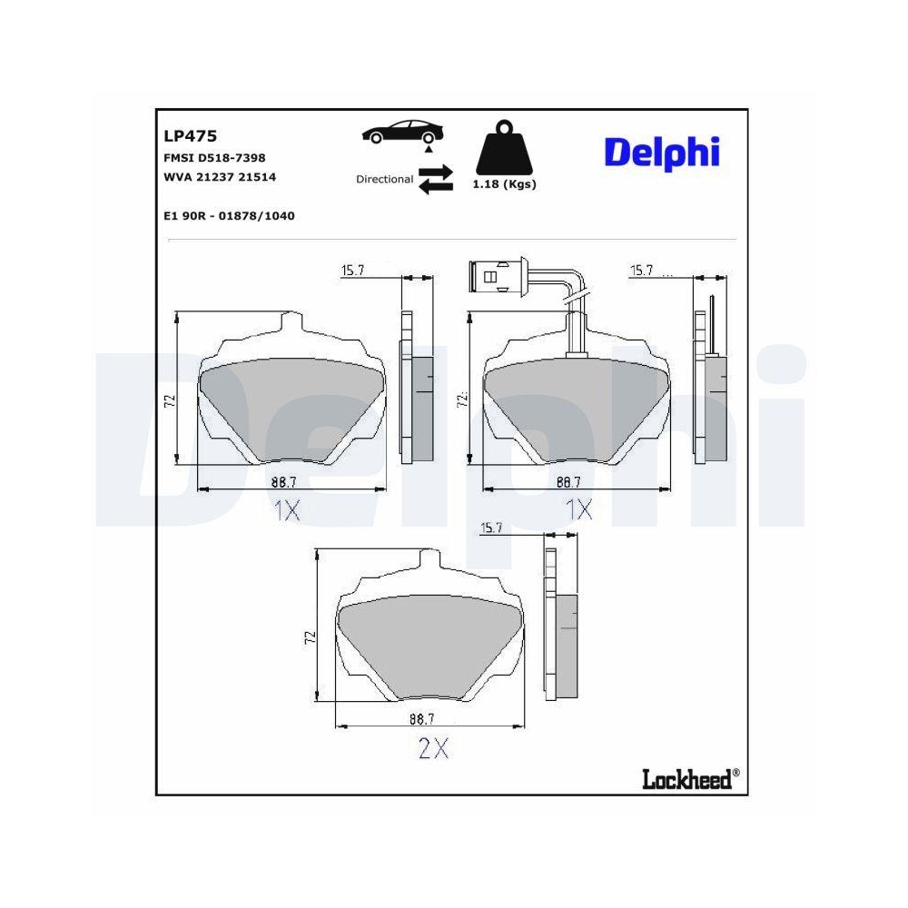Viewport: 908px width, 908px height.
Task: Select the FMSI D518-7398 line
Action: pos(214,158)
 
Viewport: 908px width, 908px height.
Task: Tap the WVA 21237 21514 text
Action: pos(219,177)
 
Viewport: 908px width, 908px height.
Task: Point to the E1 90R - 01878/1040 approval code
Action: pos(229,216)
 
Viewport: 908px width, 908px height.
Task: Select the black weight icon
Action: pos(503,149)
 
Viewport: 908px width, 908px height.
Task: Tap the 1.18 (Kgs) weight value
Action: pos(504,184)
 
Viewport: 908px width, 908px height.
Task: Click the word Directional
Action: pos(384,179)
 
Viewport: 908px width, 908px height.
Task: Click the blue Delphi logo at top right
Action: pos(662,153)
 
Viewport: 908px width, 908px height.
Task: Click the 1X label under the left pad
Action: pos(286,511)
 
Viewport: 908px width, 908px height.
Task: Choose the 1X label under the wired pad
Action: pos(578,510)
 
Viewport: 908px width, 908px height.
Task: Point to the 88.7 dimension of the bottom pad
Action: pos(420,719)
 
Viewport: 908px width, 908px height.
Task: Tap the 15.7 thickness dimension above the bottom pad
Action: pos(491,528)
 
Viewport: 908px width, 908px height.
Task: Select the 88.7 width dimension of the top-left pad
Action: pos(283,481)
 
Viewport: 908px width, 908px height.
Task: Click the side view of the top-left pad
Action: pos(417,390)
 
